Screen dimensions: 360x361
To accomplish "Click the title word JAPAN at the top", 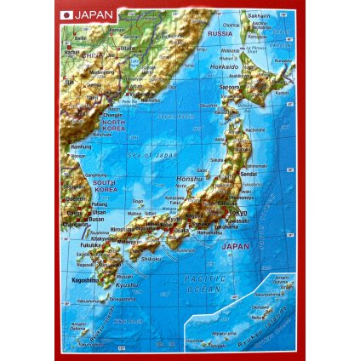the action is tap(91, 14).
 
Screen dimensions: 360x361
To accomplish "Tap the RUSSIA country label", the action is tap(220, 34).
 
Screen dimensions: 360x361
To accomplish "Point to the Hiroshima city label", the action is tap(123, 230).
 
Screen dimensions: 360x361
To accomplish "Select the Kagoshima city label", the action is tap(84, 279).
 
